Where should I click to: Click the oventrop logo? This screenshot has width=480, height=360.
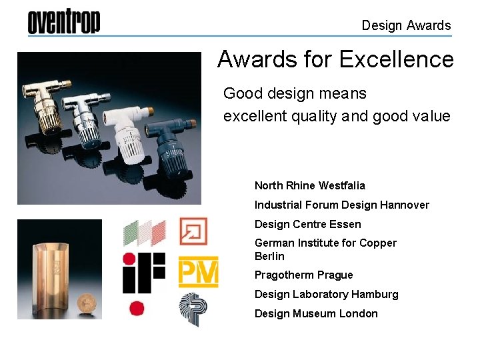click(64, 22)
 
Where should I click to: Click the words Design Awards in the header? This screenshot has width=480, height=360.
click(406, 26)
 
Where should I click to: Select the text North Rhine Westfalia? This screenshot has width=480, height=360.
click(309, 185)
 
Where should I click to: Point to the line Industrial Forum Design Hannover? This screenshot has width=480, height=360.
click(341, 205)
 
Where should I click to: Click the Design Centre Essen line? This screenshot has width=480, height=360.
click(307, 224)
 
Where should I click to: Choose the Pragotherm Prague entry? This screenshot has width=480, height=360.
click(303, 275)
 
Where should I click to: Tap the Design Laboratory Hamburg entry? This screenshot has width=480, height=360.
click(326, 294)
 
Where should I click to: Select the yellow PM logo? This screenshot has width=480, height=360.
click(198, 272)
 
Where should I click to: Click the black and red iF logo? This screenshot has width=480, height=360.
click(143, 273)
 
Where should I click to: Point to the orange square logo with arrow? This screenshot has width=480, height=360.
click(193, 231)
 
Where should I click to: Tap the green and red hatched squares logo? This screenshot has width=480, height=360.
click(144, 233)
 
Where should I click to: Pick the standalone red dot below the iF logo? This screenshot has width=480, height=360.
click(137, 309)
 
